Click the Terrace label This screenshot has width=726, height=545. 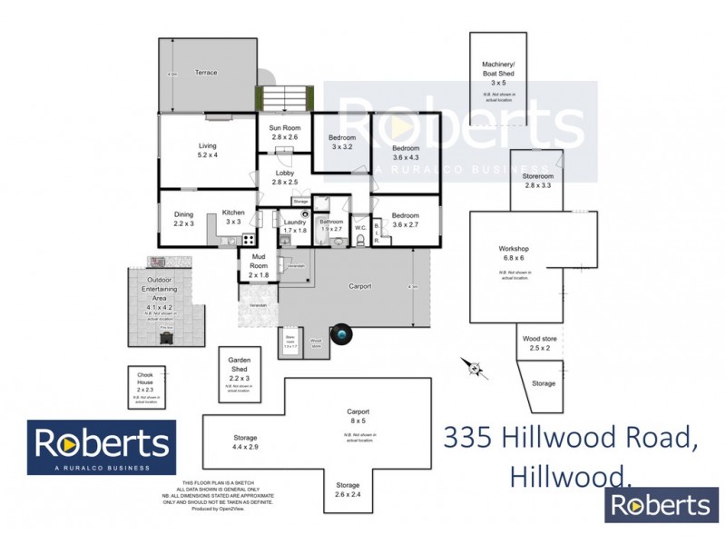206,73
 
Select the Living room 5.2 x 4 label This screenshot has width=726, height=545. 209,150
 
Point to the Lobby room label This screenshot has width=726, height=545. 285,177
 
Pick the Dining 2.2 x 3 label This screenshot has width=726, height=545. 184,219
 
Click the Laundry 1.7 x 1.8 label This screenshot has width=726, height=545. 294,226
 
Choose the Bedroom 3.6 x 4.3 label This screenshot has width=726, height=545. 406,153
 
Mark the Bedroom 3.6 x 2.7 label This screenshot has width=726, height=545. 406,219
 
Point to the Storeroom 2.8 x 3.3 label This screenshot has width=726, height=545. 537,180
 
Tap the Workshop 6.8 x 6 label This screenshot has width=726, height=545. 514,253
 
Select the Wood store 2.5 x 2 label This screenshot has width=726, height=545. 540,343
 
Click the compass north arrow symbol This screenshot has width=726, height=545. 474,367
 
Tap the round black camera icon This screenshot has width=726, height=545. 342,335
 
